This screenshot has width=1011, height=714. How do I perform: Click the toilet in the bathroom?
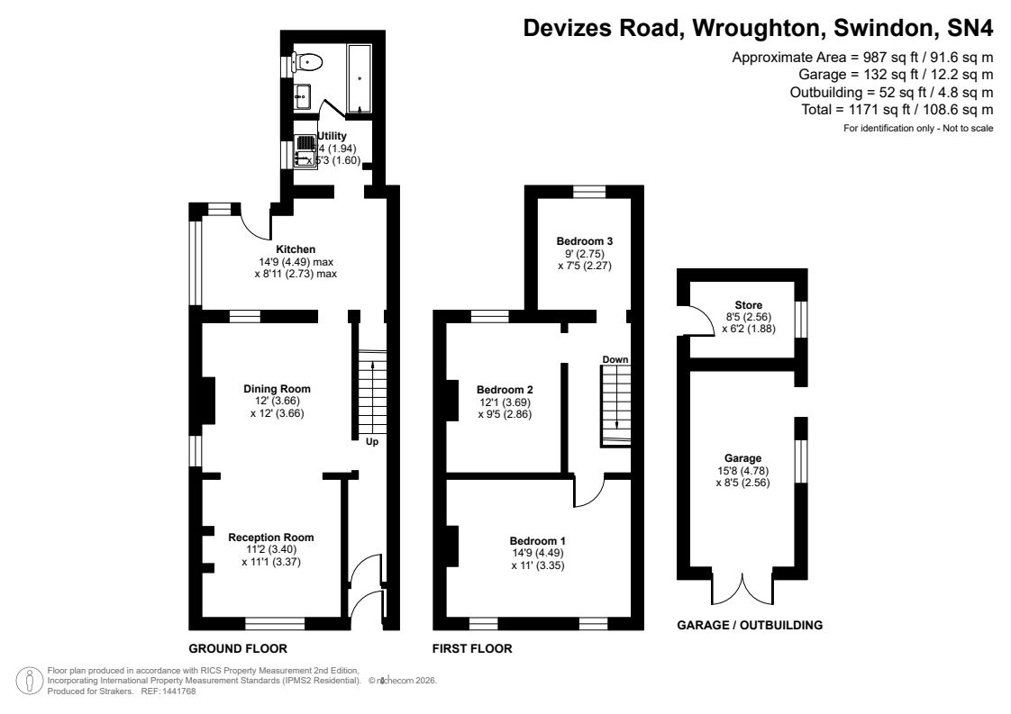pos(308,63)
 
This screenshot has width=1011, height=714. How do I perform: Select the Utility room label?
pos(332,136)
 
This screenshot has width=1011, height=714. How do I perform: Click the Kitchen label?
pos(296,249)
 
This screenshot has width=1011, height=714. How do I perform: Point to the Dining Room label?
pos(270,389)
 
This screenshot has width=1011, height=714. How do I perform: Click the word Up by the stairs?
pos(371,442)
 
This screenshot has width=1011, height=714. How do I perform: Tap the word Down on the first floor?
pos(615,359)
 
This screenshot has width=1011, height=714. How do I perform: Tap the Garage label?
pos(742,457)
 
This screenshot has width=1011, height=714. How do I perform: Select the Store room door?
pos(695,321)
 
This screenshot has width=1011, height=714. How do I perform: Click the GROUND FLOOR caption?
pos(238,648)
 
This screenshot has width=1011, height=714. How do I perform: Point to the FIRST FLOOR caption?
pos(472,648)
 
